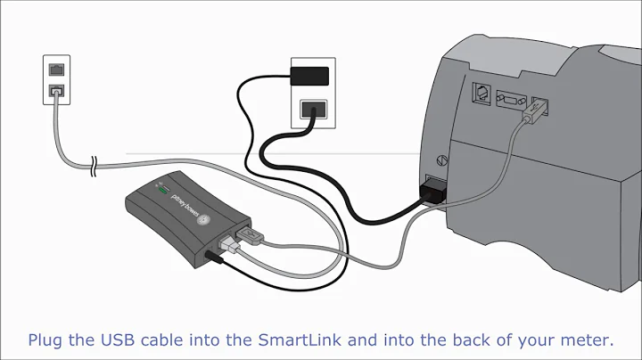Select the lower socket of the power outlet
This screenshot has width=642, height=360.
point(312,110)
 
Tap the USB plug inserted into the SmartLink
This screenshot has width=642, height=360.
point(249,235)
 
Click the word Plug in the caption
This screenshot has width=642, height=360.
point(46,340)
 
